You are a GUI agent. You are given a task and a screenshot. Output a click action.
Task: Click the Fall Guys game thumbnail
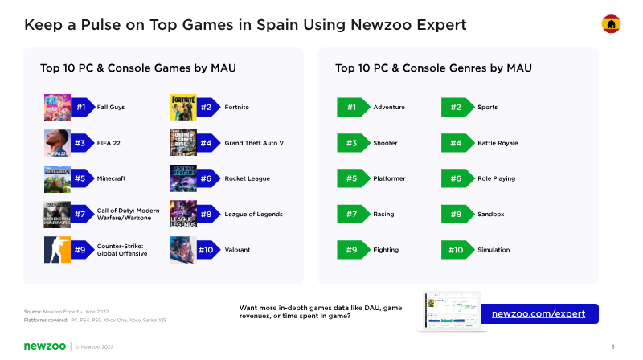coord(57,107)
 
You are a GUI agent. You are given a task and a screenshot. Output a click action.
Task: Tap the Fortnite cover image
coord(183,107)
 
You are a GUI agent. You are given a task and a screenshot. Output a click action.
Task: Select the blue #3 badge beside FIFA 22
coord(83,143)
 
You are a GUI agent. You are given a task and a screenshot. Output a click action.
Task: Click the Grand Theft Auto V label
coord(254,143)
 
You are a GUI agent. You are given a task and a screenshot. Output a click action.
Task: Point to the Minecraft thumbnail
coord(57,178)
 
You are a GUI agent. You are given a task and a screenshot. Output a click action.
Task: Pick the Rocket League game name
coord(248,178)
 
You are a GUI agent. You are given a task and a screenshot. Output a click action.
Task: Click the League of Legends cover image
coord(183,214)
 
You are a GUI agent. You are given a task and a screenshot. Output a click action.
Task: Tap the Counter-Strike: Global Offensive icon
coord(57,250)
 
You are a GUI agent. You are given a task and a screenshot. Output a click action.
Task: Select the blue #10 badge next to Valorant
coord(208,250)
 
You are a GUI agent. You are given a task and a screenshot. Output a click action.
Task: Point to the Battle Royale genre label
coord(498,143)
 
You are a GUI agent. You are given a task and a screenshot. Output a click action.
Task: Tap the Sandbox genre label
coord(491,214)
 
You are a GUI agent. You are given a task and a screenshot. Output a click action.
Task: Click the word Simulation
coord(494,250)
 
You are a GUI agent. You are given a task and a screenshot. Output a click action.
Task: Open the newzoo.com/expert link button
coord(539,313)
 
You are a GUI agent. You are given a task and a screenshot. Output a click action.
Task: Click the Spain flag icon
coord(611,24)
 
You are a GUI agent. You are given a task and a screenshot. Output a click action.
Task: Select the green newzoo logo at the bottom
coord(45,346)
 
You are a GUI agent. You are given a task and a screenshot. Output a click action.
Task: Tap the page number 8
coord(612,346)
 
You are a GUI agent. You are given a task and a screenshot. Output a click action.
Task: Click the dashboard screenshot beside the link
coord(452,311)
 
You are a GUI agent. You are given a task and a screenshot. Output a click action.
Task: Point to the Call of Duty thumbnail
coord(57,214)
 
